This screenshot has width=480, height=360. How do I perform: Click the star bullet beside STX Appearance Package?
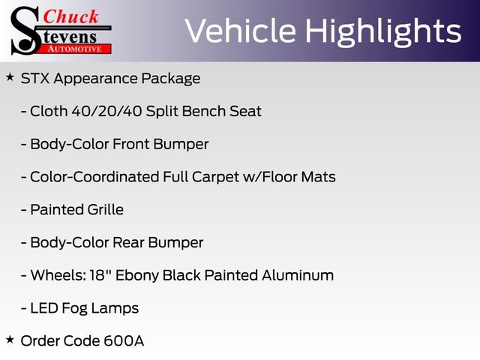click(10, 76)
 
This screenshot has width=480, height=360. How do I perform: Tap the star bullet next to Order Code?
click(10, 339)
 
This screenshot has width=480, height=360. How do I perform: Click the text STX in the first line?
click(34, 78)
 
